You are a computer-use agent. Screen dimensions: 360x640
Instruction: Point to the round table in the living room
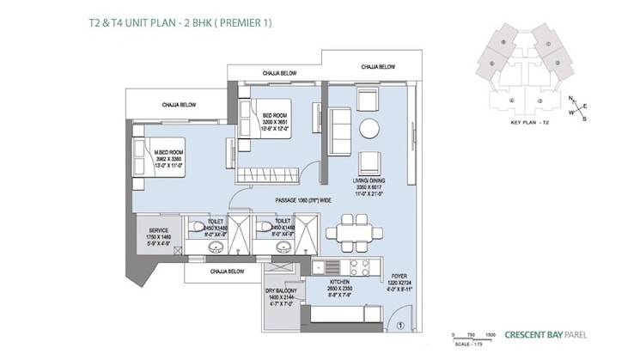(369, 129)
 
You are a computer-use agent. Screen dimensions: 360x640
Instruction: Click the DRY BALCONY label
(281, 298)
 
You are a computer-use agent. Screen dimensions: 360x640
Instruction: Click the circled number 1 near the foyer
(400, 325)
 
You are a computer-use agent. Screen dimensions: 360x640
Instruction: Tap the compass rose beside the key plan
(576, 108)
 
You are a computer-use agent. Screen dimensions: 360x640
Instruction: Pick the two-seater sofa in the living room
(340, 131)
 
